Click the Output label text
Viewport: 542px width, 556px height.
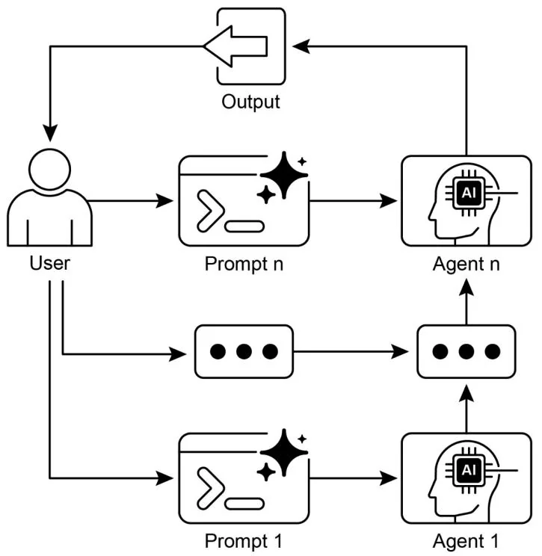pos(250,101)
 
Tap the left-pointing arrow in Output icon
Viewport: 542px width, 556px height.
pos(236,46)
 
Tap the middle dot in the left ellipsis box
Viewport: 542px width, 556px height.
pos(244,351)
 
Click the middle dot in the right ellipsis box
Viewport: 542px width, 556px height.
pos(466,351)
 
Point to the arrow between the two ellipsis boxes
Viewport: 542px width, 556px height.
pos(355,351)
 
